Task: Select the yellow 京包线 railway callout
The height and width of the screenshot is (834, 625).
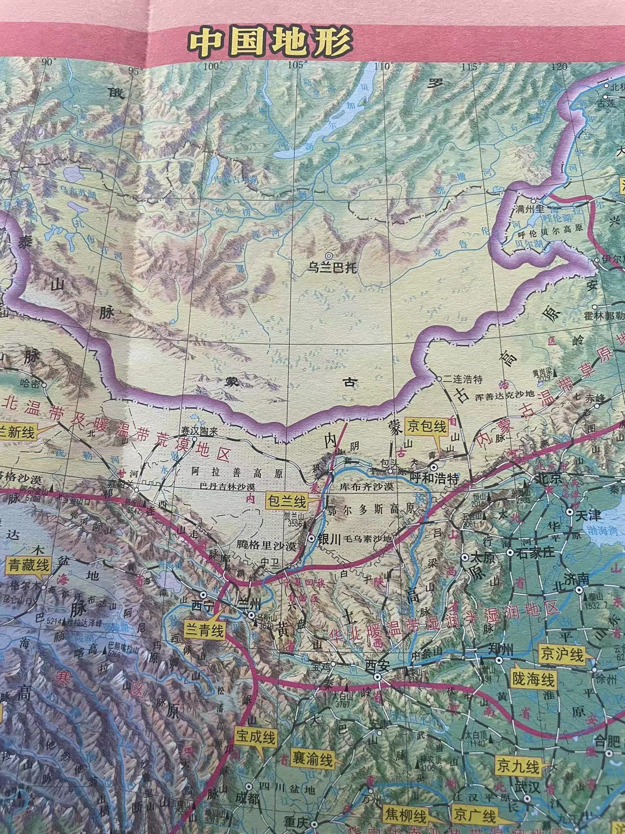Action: pyautogui.click(x=426, y=426)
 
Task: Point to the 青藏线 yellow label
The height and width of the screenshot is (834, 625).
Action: pyautogui.click(x=29, y=566)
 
